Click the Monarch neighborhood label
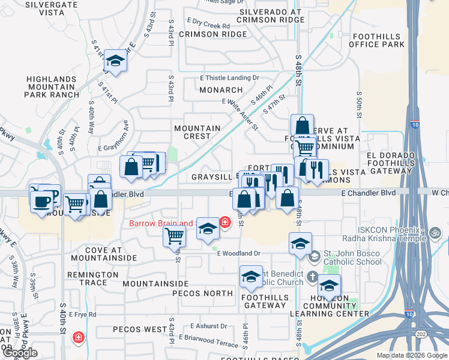click(221, 90)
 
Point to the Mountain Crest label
click(197, 132)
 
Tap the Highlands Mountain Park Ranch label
click(52, 86)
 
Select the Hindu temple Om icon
click(436, 232)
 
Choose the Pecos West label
click(140, 329)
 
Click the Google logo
click(19, 352)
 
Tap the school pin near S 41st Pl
click(115, 61)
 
